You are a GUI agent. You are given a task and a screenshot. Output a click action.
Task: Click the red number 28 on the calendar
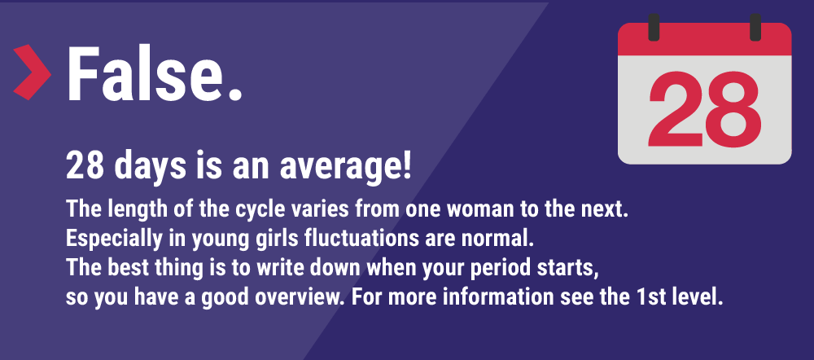pos(704,109)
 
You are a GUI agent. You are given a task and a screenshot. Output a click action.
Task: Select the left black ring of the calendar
pos(654,27)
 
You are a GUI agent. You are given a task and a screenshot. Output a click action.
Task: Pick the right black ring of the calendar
pos(755,27)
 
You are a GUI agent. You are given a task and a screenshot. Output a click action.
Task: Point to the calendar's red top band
pos(704,39)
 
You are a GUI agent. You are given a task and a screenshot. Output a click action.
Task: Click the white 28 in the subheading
pos(85,166)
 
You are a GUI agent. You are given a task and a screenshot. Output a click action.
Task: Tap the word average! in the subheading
pos(345,167)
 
